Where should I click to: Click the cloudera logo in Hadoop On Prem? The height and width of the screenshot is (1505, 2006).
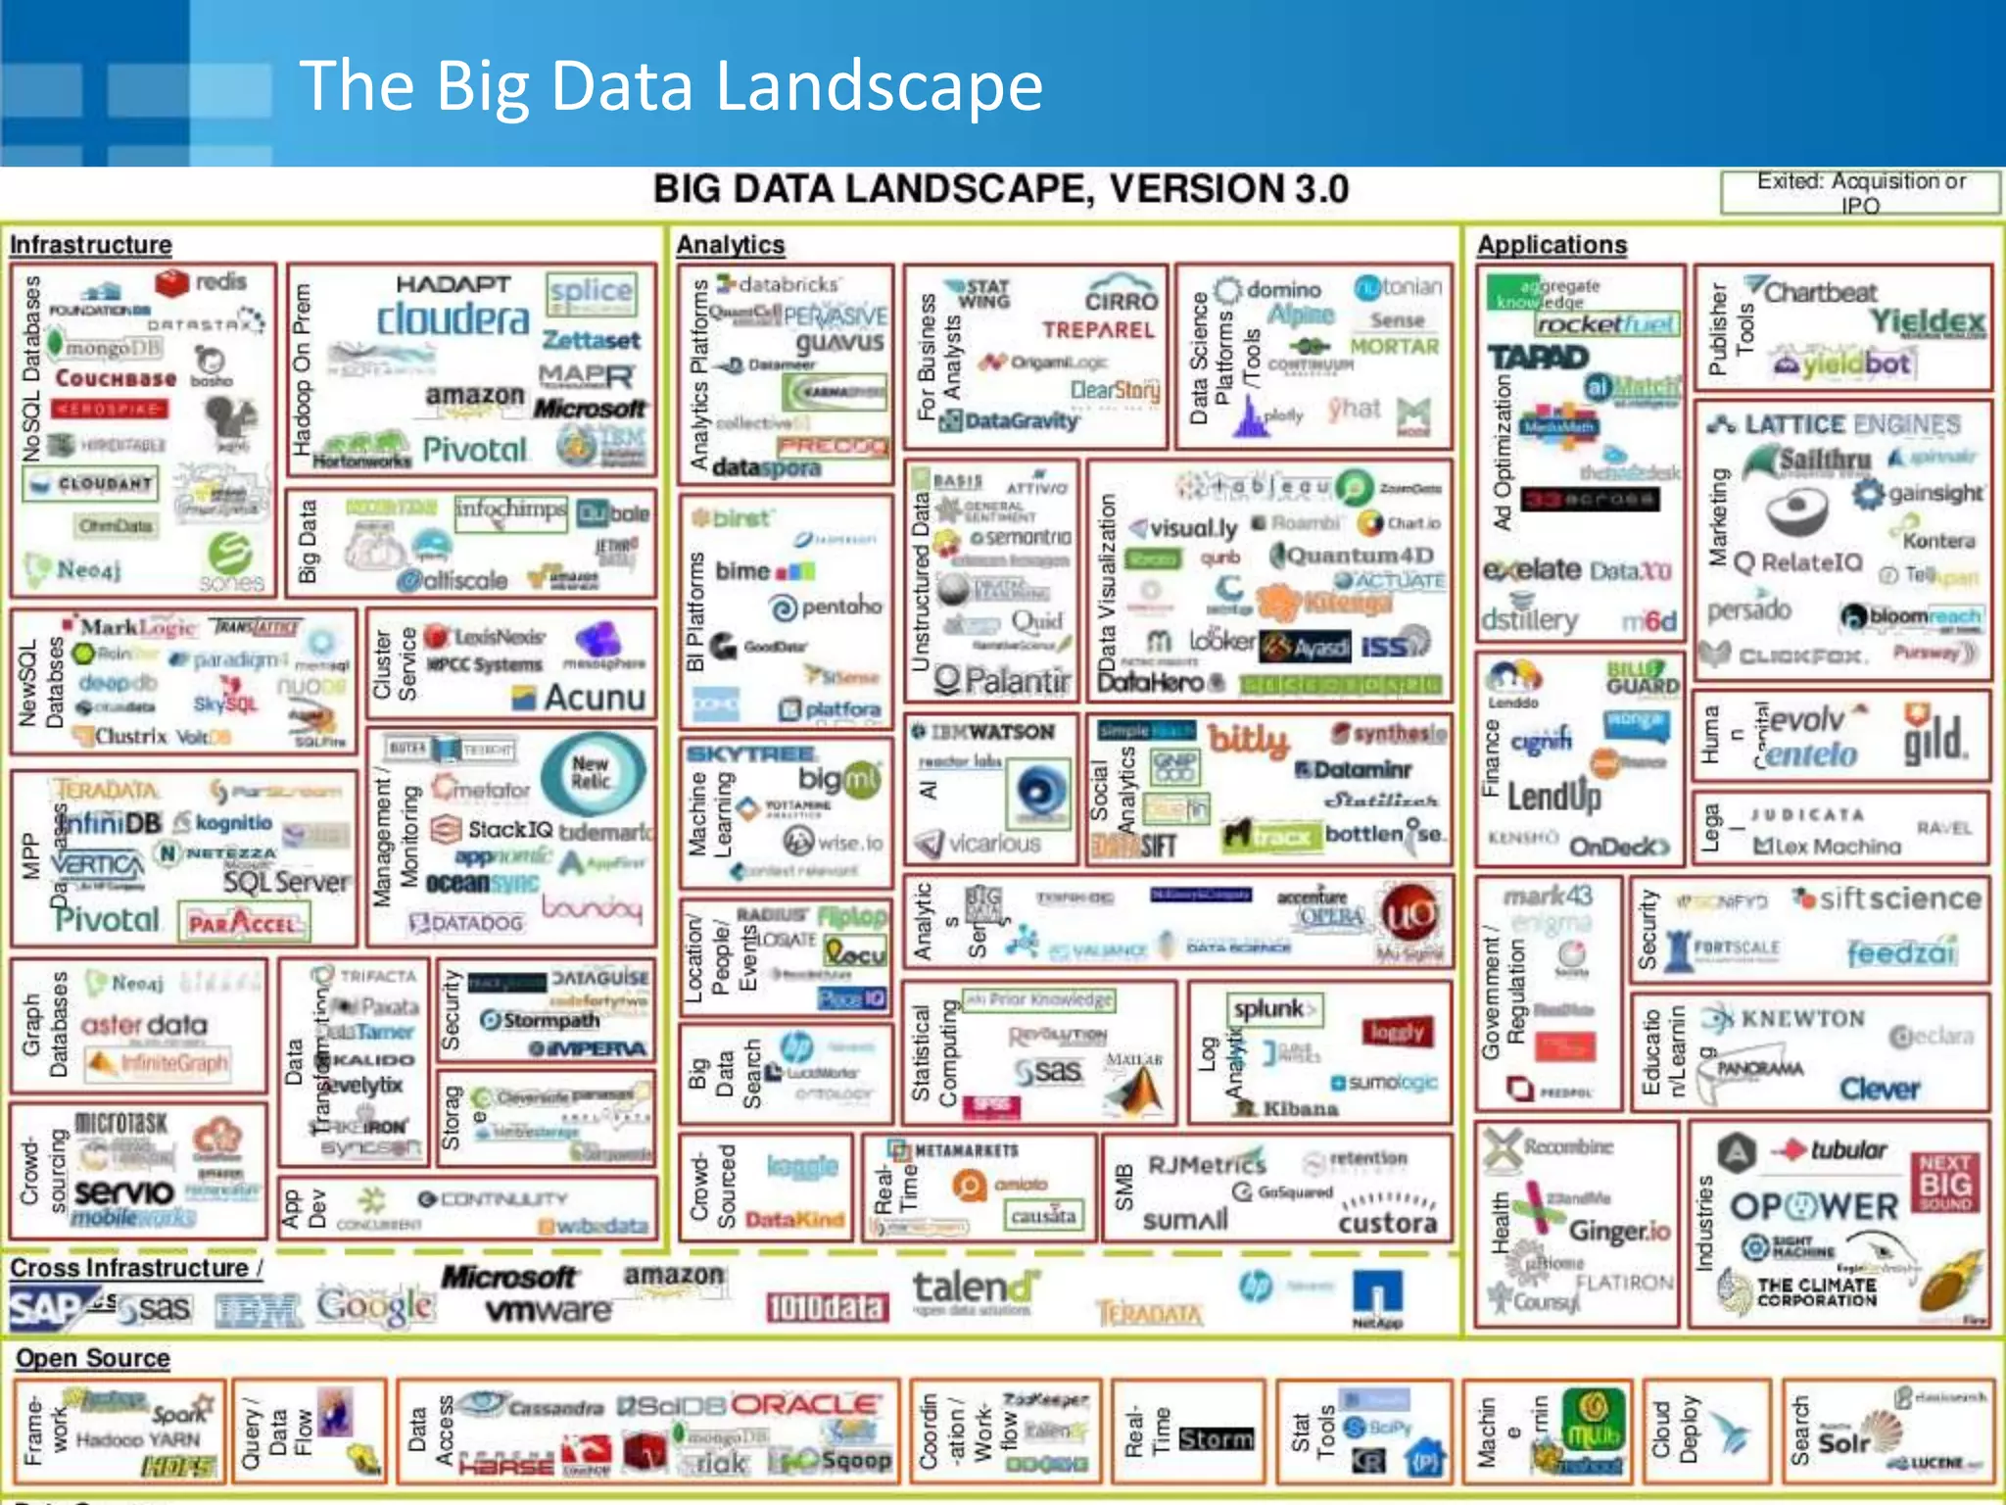coord(453,318)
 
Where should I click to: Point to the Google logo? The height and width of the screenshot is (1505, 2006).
coord(375,1306)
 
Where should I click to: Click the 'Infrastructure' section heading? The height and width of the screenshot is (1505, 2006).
coord(91,244)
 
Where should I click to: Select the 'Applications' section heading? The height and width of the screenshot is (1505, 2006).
coord(1552,244)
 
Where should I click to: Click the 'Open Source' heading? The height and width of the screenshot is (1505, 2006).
coord(93,1358)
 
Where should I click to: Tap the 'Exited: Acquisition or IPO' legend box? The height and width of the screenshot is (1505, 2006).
coord(1859,192)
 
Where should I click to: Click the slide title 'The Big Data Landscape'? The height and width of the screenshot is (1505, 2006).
coord(671,85)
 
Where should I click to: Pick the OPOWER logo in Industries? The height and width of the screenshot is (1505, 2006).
coord(1814,1206)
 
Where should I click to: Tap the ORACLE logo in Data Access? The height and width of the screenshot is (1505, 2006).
coord(807,1404)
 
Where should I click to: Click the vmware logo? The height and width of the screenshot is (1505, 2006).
coord(548,1310)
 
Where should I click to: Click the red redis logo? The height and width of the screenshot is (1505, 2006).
coord(201,282)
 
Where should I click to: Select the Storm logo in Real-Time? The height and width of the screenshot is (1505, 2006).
coord(1216,1438)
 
